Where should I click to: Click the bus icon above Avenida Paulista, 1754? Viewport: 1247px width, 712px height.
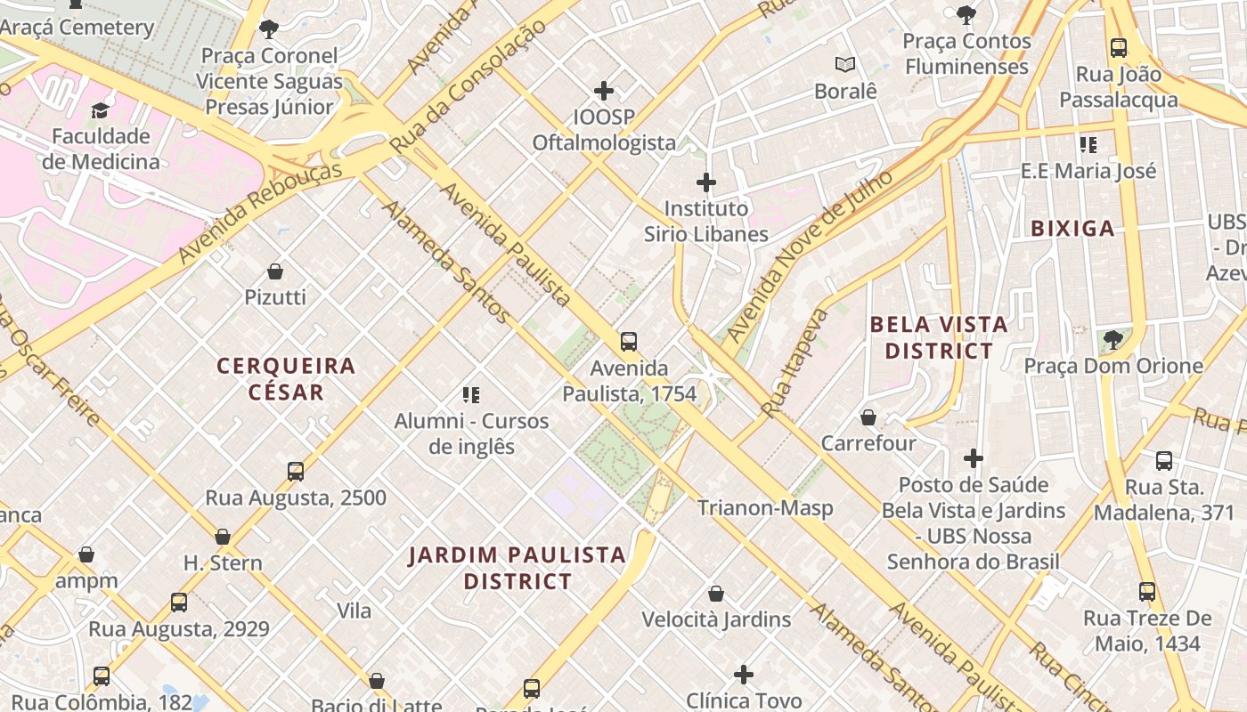tap(629, 342)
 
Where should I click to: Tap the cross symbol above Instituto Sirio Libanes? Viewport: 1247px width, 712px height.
tap(706, 183)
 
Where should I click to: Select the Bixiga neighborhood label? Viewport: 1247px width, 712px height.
tap(1072, 229)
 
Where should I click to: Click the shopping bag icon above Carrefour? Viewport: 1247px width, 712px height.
tap(868, 417)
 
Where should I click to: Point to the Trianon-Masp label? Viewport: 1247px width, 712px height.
tap(765, 508)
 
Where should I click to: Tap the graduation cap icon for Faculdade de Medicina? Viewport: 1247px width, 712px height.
tap(100, 111)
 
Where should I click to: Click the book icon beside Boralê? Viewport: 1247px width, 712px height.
tap(845, 65)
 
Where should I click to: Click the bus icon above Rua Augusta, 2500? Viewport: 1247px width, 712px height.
tap(296, 472)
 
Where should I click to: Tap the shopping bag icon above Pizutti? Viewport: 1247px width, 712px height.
tap(275, 271)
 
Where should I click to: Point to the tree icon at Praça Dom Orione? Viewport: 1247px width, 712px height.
tap(1113, 339)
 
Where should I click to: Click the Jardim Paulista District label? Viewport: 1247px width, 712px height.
tap(517, 568)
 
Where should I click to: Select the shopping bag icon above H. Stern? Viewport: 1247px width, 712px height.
tap(223, 537)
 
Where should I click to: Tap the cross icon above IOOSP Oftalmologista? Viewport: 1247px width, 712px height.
tap(604, 91)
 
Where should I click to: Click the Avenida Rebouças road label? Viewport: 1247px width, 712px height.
tap(260, 213)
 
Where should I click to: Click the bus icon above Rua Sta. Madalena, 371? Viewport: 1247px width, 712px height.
tap(1164, 461)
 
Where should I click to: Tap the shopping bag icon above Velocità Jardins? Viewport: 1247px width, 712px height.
tap(716, 594)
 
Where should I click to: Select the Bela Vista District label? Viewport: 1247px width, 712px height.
tap(939, 337)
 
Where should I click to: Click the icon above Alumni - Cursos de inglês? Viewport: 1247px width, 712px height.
tap(471, 394)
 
